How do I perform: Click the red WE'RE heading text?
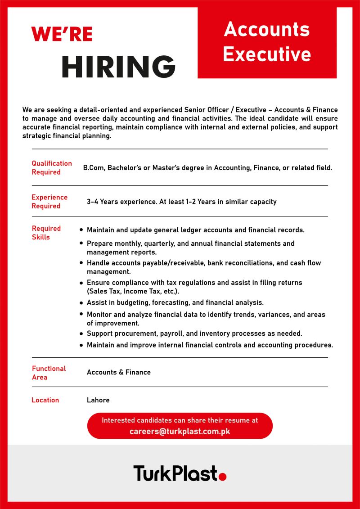point(62,34)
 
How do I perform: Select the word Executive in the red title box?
point(267,54)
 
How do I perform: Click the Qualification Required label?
point(52,168)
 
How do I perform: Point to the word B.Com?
point(93,168)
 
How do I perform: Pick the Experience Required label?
point(49,202)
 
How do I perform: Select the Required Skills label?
point(46,233)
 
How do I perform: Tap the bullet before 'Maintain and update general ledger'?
point(81,230)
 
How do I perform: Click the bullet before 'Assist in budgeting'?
point(81,303)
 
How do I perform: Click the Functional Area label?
point(49,373)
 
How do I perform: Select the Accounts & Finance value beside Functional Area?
point(119,372)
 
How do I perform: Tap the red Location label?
point(45,400)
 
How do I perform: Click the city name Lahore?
point(98,400)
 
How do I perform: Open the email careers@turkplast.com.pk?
point(180,431)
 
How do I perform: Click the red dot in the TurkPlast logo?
point(222,476)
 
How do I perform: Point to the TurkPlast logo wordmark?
point(175,473)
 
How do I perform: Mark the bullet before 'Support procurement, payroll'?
point(81,334)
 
